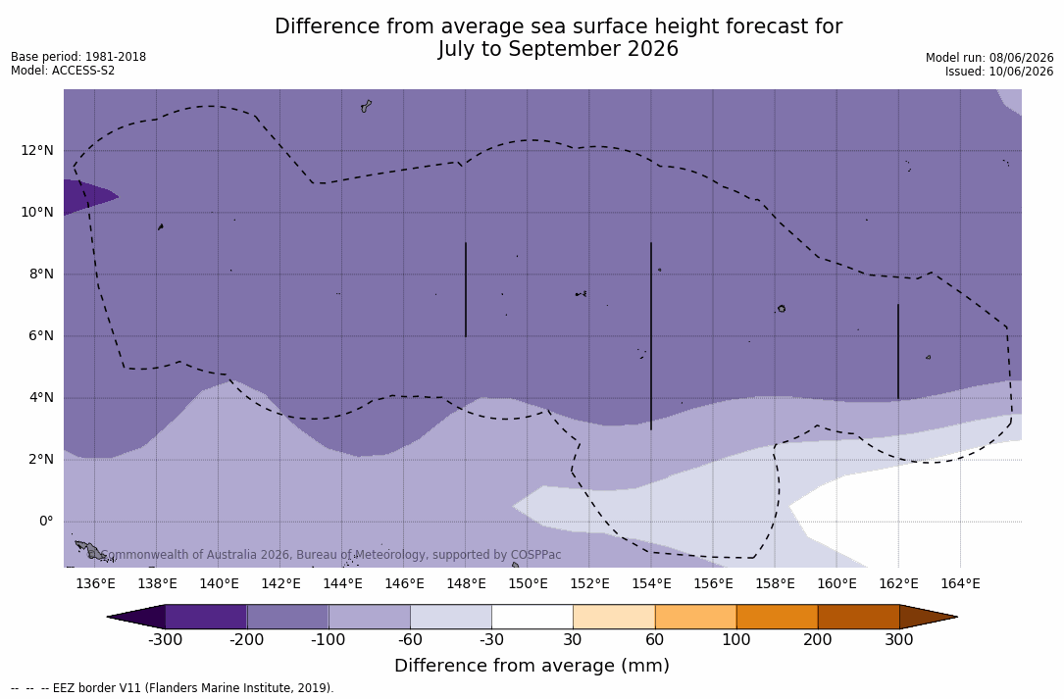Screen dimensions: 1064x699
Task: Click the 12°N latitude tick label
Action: [x=36, y=150]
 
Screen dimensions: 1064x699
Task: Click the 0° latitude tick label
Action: [x=45, y=521]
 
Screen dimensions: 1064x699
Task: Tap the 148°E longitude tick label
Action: [x=466, y=583]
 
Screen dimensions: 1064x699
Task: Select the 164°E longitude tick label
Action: [x=960, y=583]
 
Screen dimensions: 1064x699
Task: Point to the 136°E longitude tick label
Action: [x=95, y=583]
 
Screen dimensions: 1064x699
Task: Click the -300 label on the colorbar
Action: [x=165, y=640]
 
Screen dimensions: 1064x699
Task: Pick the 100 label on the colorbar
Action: [x=736, y=640]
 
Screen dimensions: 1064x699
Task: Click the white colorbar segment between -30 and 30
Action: [x=532, y=617]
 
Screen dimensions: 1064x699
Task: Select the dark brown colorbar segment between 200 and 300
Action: [x=858, y=617]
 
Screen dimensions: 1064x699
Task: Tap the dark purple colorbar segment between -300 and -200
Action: [x=206, y=617]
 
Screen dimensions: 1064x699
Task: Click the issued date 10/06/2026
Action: [x=1021, y=72]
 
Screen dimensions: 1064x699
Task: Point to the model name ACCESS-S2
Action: [x=82, y=71]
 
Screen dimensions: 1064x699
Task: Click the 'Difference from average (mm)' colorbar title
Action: [x=532, y=665]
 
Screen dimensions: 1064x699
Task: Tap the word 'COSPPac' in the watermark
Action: [x=535, y=555]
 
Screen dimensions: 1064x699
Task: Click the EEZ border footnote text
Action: [x=173, y=687]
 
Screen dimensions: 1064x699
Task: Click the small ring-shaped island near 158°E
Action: [x=782, y=309]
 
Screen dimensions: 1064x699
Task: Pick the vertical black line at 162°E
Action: [x=897, y=352]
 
